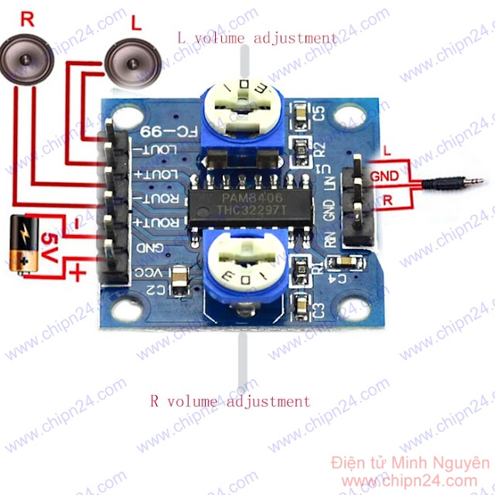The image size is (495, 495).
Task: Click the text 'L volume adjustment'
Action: [x=258, y=37]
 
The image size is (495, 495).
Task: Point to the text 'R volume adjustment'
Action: [x=230, y=401]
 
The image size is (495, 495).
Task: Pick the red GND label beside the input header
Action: [x=384, y=176]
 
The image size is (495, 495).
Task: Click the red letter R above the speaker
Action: [x=28, y=19]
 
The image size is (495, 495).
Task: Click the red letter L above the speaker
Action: [x=137, y=24]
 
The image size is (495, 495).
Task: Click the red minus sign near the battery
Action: [x=77, y=224]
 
